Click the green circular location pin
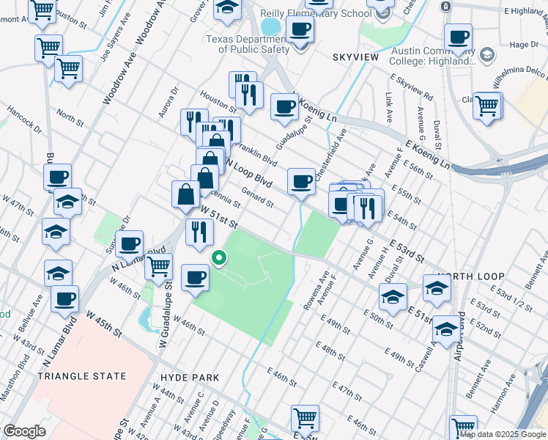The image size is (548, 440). (218, 257)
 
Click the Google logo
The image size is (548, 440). (24, 431)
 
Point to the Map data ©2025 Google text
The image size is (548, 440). (502, 434)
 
